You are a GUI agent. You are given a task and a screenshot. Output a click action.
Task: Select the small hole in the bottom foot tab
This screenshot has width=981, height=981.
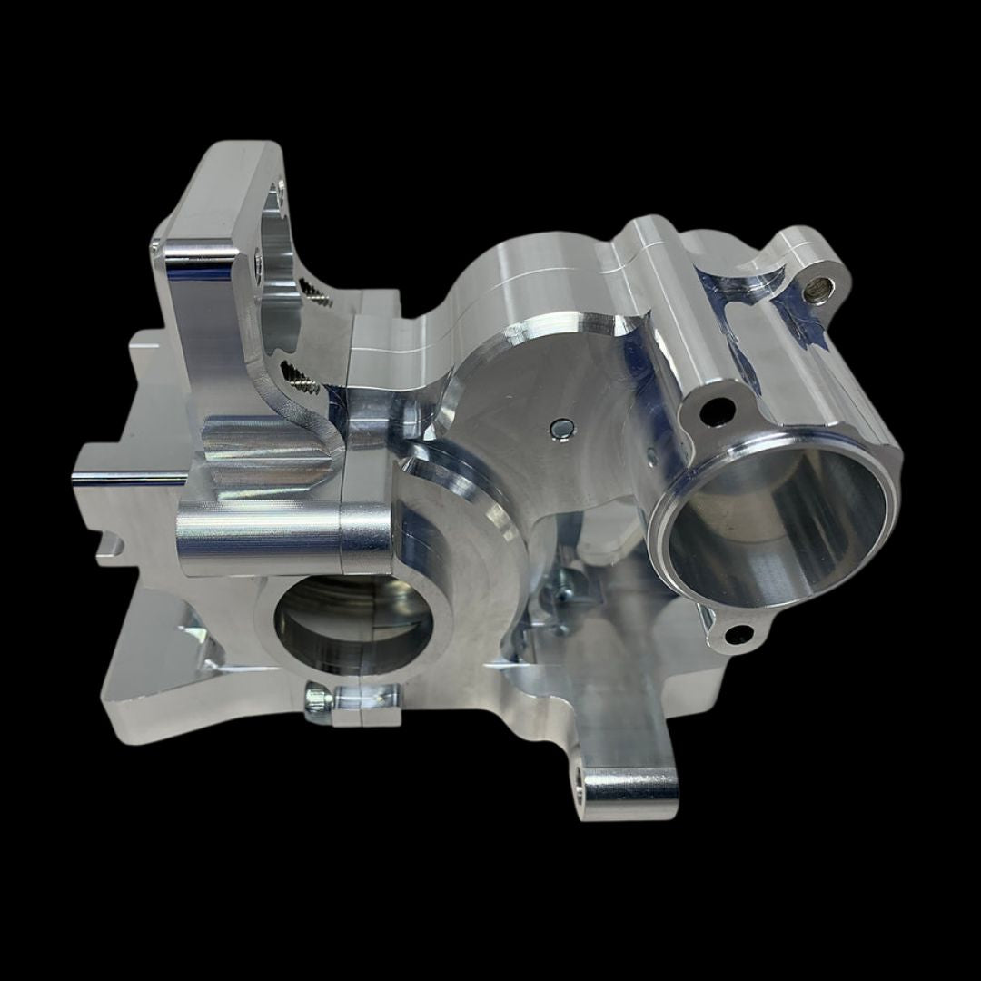pos(579,778)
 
